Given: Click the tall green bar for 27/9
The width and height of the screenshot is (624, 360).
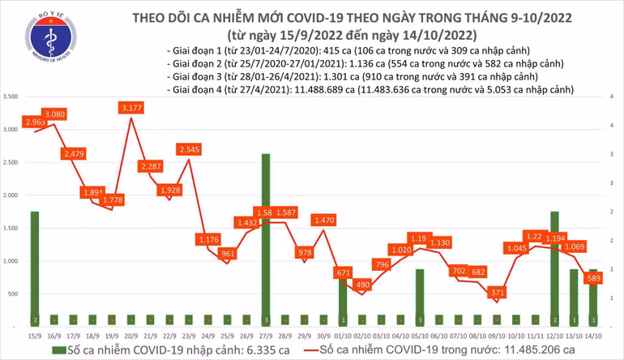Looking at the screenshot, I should pyautogui.click(x=266, y=235).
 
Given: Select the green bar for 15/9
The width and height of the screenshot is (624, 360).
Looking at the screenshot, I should pyautogui.click(x=34, y=264).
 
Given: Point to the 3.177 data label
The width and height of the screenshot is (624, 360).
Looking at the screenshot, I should pyautogui.click(x=130, y=107).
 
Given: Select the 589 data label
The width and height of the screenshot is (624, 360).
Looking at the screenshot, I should pyautogui.click(x=593, y=278).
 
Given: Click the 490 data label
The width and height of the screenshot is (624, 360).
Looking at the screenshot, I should pyautogui.click(x=361, y=285).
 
